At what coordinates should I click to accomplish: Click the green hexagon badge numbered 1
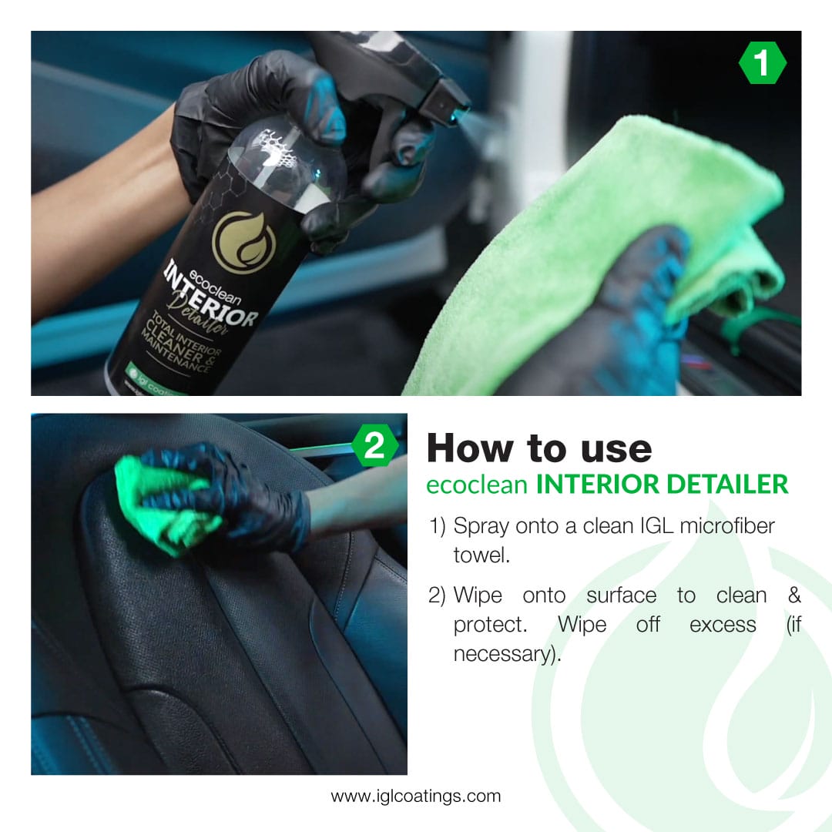[x=762, y=63]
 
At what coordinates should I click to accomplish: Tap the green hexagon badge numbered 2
[x=374, y=446]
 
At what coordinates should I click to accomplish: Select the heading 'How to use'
[x=538, y=448]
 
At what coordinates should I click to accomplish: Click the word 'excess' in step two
[x=723, y=625]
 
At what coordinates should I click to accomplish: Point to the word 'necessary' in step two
[x=501, y=654]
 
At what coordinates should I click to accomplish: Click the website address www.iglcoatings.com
[x=416, y=796]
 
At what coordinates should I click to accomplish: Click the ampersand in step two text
[x=794, y=595]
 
